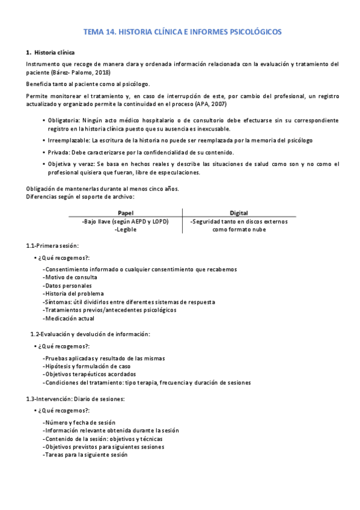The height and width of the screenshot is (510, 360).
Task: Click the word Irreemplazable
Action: pyautogui.click(x=68, y=140)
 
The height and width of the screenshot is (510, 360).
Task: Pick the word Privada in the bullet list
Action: pyautogui.click(x=59, y=152)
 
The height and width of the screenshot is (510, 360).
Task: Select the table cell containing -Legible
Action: pyautogui.click(x=125, y=229)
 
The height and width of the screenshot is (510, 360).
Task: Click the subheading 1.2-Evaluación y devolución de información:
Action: pyautogui.click(x=90, y=334)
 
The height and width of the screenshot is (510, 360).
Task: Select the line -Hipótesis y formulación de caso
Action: pyautogui.click(x=87, y=366)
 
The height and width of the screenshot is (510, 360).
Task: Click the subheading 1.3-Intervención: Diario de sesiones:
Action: pyautogui.click(x=76, y=399)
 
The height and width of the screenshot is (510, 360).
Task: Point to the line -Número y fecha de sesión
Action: pyautogui.click(x=79, y=423)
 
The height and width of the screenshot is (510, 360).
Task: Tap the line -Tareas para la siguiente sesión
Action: pyautogui.click(x=85, y=455)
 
